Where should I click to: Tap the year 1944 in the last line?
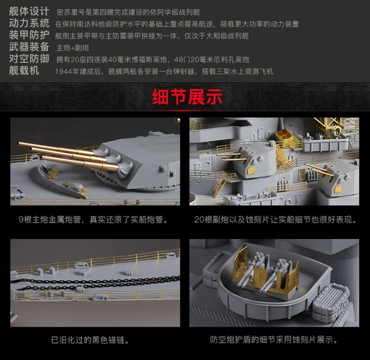[63, 72]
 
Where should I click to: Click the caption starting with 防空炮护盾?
[274, 340]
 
